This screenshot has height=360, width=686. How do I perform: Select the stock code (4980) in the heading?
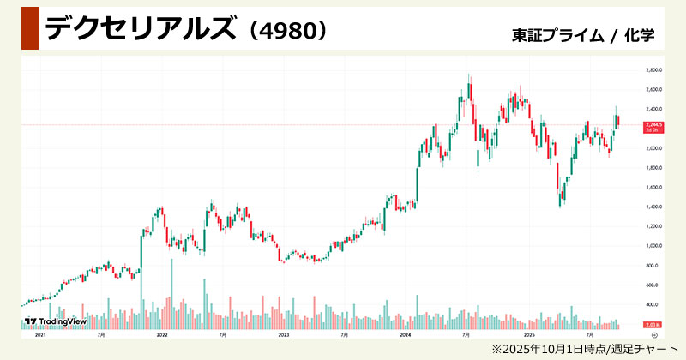tap(284, 29)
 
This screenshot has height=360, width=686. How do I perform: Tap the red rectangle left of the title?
tap(28, 27)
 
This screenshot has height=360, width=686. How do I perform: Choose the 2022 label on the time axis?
tap(161, 334)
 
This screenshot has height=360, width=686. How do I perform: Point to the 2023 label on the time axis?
tap(284, 334)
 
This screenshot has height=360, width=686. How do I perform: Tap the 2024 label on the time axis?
tap(406, 334)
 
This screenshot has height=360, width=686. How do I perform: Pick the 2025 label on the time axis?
tap(530, 334)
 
